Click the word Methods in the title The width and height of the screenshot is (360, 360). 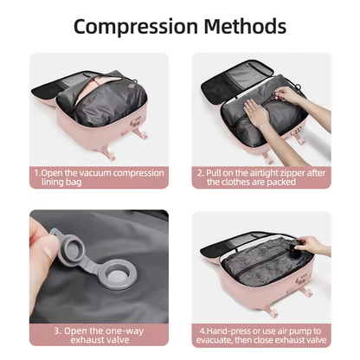pyautogui.click(x=243, y=26)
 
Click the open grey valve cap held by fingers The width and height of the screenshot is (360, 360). pyautogui.click(x=66, y=244)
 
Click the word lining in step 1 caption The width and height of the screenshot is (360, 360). pyautogui.click(x=65, y=183)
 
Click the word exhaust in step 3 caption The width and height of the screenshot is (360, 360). pyautogui.click(x=74, y=341)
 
